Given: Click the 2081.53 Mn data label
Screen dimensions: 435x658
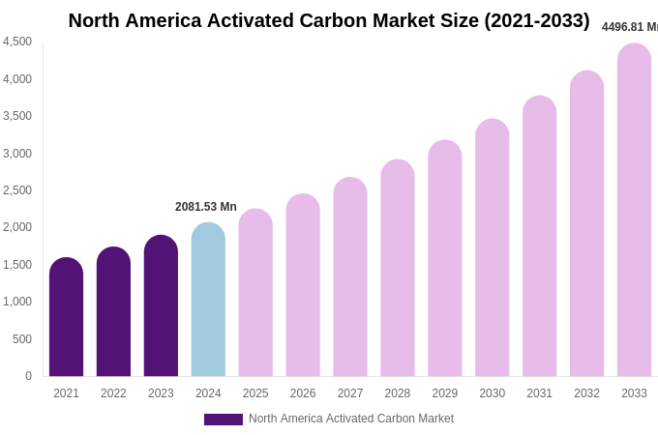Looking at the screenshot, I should pyautogui.click(x=205, y=207).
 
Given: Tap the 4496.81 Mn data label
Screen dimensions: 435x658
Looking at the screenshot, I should pyautogui.click(x=630, y=27).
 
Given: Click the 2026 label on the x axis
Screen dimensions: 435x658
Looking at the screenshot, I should pyautogui.click(x=303, y=393).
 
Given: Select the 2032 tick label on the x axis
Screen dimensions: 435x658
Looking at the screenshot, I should pyautogui.click(x=586, y=393).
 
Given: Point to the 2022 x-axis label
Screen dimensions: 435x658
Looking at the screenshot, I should pyautogui.click(x=113, y=393).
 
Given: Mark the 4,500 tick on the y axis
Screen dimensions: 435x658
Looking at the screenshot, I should pyautogui.click(x=17, y=42).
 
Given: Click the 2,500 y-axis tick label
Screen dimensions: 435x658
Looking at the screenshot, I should pyautogui.click(x=17, y=190).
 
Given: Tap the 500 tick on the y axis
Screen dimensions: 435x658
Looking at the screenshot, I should pyautogui.click(x=21, y=339).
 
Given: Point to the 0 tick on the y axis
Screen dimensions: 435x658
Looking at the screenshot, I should pyautogui.click(x=28, y=376).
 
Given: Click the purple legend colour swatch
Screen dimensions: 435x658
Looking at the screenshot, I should pyautogui.click(x=223, y=420).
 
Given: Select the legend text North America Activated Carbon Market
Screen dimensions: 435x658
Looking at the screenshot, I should pyautogui.click(x=351, y=419).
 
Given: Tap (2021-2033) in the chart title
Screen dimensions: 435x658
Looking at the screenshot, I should pyautogui.click(x=536, y=20).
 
